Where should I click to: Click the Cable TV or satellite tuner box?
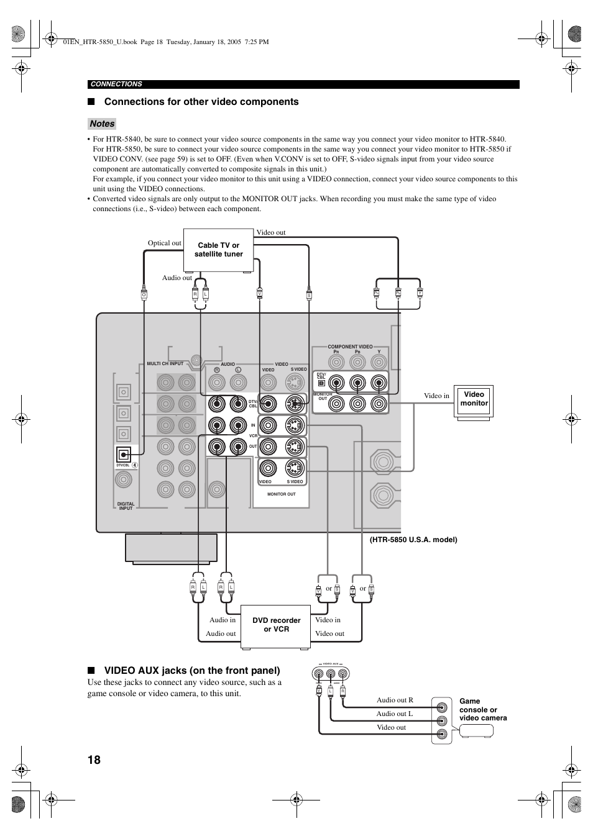click(218, 250)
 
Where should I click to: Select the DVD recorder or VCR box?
click(276, 625)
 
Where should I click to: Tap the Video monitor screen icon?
click(474, 403)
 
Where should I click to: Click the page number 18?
click(94, 760)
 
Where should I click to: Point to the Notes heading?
click(102, 124)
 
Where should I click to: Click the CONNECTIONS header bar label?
click(116, 84)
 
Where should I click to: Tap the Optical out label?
click(164, 243)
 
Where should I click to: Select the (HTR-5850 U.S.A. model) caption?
click(413, 540)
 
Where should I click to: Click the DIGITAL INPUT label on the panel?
click(126, 506)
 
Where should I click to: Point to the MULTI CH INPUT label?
click(165, 364)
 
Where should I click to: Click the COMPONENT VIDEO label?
click(350, 347)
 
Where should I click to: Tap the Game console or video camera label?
click(483, 710)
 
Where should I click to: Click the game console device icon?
click(476, 731)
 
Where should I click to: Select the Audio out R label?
click(395, 700)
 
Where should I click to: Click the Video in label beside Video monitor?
click(436, 396)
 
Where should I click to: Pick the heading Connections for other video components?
click(201, 102)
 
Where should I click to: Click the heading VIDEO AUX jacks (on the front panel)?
click(192, 671)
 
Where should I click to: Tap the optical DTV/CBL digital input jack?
click(124, 455)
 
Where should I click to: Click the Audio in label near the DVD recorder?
click(223, 620)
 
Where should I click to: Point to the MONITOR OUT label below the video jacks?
click(281, 494)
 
